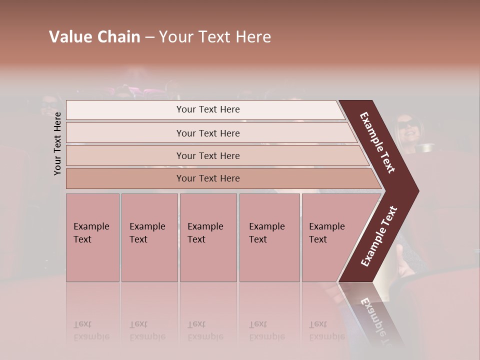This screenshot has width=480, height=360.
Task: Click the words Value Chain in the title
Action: [94, 37]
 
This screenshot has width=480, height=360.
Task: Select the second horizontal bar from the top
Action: [208, 133]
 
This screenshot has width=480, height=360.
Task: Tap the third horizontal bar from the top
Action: [208, 155]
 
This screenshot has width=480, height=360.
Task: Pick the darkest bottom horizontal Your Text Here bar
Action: [208, 178]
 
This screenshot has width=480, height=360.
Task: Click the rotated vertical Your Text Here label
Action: [57, 143]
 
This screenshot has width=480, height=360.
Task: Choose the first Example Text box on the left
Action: [92, 237]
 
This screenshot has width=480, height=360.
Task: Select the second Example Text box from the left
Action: [149, 237]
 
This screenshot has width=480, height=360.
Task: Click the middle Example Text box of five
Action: [208, 237]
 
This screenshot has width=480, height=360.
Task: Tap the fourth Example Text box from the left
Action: [269, 237]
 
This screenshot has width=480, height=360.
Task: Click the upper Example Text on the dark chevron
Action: [378, 142]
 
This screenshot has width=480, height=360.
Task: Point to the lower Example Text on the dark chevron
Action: [379, 236]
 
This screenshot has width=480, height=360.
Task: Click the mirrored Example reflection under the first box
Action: [91, 336]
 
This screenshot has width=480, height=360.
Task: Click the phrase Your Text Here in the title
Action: [215, 37]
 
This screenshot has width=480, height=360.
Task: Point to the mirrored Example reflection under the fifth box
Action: [327, 336]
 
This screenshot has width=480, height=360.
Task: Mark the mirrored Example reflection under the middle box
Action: [205, 336]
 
